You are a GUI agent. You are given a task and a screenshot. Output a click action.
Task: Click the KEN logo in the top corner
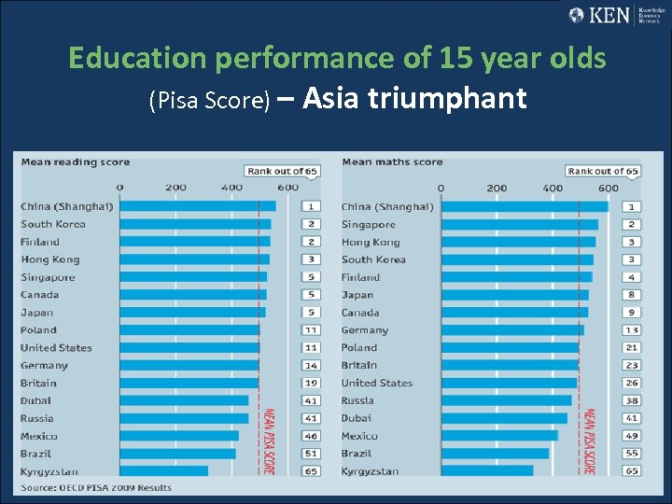pyautogui.click(x=613, y=15)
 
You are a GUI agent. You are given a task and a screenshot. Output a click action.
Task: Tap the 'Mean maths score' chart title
pyautogui.click(x=392, y=161)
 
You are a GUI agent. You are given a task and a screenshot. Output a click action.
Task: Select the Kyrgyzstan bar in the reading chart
pyautogui.click(x=163, y=471)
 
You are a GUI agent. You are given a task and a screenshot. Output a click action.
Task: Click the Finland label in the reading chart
pyautogui.click(x=40, y=242)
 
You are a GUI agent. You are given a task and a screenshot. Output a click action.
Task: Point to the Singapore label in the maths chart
pyautogui.click(x=369, y=224)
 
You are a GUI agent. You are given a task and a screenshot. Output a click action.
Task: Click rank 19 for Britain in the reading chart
pyautogui.click(x=310, y=383)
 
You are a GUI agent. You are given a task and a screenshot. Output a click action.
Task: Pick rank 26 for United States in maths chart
pyautogui.click(x=632, y=383)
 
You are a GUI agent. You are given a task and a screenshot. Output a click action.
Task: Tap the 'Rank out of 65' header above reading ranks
pyautogui.click(x=282, y=171)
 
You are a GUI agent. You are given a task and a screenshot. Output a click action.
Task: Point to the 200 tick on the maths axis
pyautogui.click(x=497, y=188)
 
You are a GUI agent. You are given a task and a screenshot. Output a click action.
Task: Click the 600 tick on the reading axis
pyautogui.click(x=287, y=188)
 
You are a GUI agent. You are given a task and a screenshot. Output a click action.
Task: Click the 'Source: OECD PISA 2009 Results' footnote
pyautogui.click(x=96, y=487)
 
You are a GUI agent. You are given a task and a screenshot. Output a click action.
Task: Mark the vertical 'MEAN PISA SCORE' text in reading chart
pyautogui.click(x=268, y=441)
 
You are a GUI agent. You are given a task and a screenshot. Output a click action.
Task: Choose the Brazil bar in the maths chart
pyautogui.click(x=495, y=454)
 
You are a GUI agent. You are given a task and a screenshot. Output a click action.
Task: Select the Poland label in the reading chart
pyautogui.click(x=38, y=329)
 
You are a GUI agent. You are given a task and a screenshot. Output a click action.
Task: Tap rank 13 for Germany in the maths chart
pyautogui.click(x=632, y=329)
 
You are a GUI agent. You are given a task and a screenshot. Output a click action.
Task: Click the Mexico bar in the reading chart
pyautogui.click(x=179, y=436)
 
